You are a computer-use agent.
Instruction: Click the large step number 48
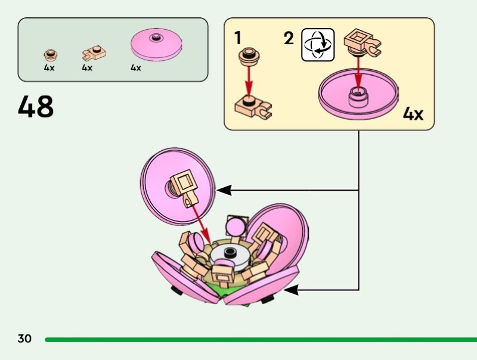(36, 107)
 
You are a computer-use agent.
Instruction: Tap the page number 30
(24, 339)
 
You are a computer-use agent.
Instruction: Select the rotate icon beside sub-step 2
(318, 44)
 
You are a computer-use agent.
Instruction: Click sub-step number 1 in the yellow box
(238, 39)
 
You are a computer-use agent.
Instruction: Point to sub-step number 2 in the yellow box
(289, 39)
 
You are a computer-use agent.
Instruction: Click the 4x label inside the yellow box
(413, 113)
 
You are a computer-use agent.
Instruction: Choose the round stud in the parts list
(51, 55)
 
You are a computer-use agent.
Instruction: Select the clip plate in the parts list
(89, 55)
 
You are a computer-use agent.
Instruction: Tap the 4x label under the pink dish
(136, 68)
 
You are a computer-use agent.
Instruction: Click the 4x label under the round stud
(49, 68)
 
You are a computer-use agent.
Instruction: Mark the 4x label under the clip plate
(87, 68)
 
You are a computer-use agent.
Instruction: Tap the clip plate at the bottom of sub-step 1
(253, 106)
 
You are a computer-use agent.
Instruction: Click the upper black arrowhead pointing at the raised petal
(224, 190)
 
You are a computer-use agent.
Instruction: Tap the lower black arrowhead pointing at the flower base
(291, 290)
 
